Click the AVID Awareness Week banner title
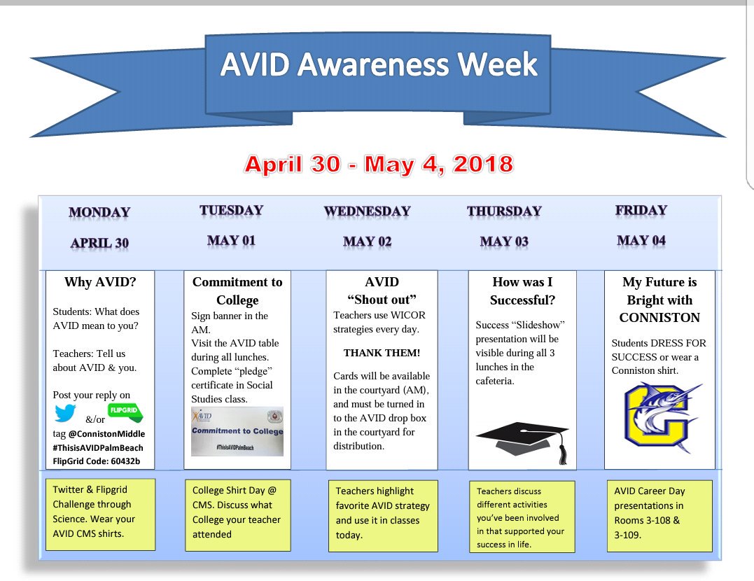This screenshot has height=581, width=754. (378, 65)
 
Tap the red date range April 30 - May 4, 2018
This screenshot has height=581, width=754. (379, 164)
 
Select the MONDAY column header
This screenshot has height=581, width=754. (99, 212)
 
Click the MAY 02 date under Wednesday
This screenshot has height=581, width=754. (367, 241)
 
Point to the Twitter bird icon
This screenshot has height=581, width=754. (65, 415)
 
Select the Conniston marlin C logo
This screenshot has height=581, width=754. (659, 418)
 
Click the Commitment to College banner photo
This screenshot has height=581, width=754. (237, 431)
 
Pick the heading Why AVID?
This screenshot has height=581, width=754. (100, 283)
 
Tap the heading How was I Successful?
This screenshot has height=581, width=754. (522, 291)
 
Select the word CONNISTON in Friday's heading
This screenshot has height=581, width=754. (659, 318)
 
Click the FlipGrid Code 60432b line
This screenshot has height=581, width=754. (96, 461)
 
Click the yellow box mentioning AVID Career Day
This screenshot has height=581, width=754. (658, 513)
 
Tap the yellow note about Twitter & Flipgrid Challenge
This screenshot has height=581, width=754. (99, 512)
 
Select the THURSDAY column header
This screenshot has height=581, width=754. (504, 211)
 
